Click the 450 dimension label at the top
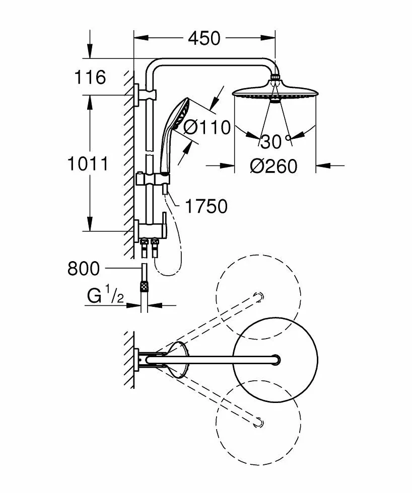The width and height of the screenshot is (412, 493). pyautogui.click(x=204, y=38)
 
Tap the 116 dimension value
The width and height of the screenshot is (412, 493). pyautogui.click(x=90, y=77)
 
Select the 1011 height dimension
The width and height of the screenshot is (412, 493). pyautogui.click(x=88, y=164)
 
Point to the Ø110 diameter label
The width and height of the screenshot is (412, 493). pyautogui.click(x=207, y=127)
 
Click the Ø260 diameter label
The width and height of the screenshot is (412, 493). pyautogui.click(x=273, y=166)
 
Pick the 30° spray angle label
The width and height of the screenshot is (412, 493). pyautogui.click(x=276, y=141)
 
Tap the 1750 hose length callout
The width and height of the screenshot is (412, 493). pyautogui.click(x=206, y=207)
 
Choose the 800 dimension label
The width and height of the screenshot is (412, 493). pyautogui.click(x=84, y=269)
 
